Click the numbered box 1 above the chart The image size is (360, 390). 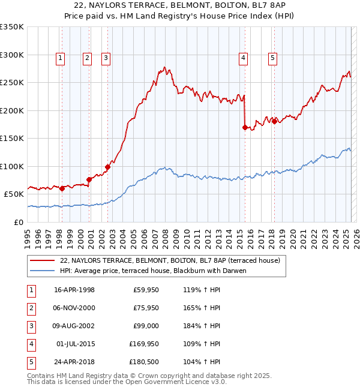click(x=61, y=58)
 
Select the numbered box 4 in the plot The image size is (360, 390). click(x=244, y=58)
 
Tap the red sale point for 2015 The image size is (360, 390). click(x=245, y=127)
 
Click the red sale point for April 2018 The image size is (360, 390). click(x=274, y=121)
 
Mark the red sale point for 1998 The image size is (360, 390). click(x=62, y=188)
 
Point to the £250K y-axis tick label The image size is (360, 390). click(x=12, y=83)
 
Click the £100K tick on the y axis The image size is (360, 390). click(x=12, y=166)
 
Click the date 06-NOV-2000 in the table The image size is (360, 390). click(x=74, y=308)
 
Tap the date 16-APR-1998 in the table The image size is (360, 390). click(x=74, y=290)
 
